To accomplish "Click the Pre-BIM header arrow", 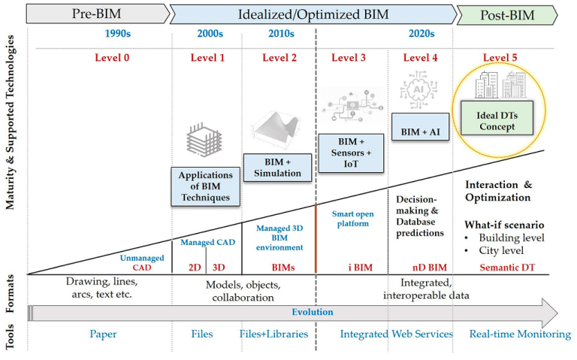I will [97, 14].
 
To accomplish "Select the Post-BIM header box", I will [506, 14].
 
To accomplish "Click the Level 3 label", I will [349, 58].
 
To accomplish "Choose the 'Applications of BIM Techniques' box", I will [205, 186].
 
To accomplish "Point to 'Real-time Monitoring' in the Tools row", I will [519, 334].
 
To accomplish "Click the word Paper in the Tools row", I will [103, 334].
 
